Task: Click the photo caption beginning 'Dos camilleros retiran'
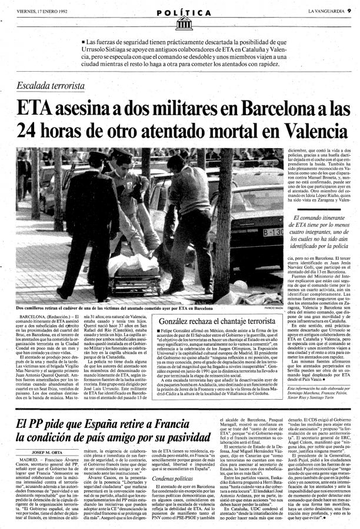pos(112,308)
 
